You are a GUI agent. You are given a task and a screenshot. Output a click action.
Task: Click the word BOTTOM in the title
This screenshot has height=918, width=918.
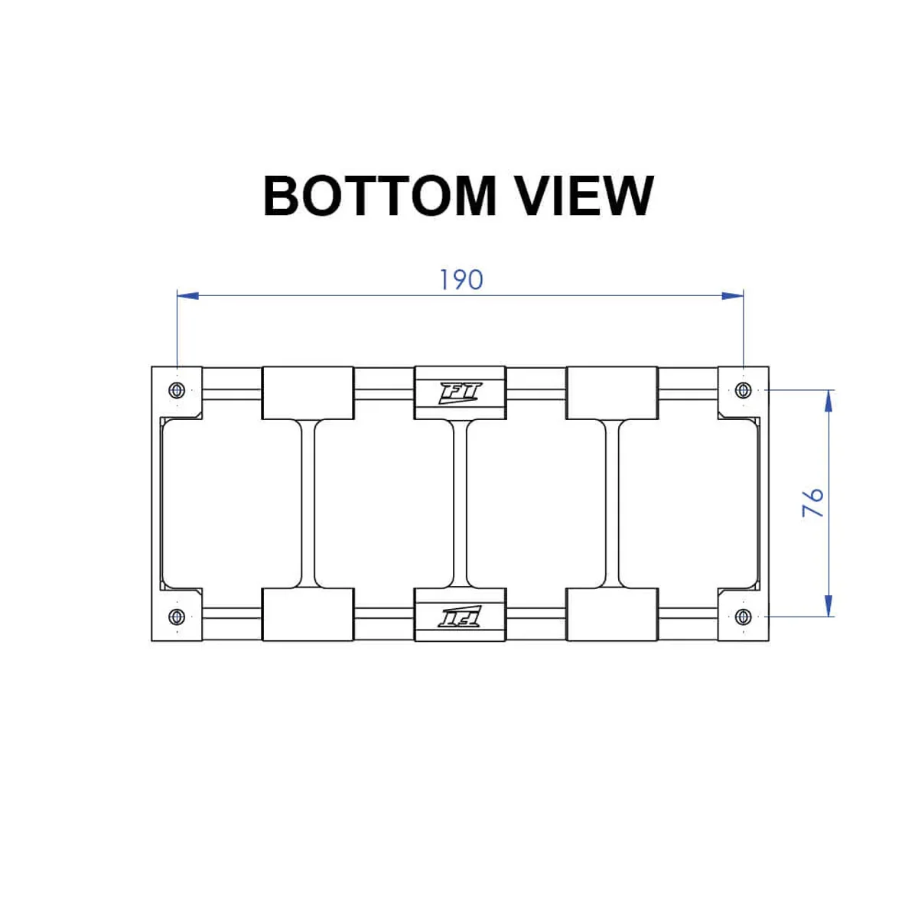point(379,196)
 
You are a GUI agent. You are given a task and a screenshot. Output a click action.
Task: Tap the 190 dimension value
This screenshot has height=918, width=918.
point(461,280)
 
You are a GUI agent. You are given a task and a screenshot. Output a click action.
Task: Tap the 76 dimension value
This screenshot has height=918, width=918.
point(812,502)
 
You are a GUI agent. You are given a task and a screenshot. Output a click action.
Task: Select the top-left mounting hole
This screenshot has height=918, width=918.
point(177,390)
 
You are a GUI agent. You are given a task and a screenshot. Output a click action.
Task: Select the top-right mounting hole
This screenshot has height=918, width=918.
point(743,390)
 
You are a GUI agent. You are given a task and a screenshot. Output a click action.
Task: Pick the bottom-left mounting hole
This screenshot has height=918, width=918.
point(177,617)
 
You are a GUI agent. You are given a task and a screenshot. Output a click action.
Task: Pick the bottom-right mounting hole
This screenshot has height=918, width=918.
point(743,617)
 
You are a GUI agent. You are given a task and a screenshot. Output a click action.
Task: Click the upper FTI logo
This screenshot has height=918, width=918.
point(461,393)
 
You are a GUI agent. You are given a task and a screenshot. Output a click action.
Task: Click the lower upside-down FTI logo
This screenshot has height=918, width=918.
point(461,617)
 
